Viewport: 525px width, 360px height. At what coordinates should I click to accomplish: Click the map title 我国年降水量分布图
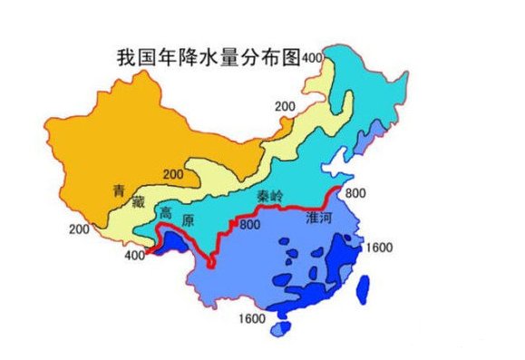pos(208,57)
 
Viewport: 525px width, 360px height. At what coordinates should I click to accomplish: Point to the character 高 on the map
pos(164,213)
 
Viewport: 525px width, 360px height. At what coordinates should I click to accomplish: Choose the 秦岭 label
pos(270,206)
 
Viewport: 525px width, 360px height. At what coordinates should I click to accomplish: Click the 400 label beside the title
pos(313,58)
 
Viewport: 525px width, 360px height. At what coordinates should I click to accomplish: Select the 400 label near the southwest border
pos(135,257)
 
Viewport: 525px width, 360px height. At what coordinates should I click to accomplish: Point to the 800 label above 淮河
pos(355,193)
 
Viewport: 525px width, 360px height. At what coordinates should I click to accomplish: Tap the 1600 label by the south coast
pos(252,318)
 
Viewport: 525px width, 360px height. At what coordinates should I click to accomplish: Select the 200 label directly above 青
pos(173,174)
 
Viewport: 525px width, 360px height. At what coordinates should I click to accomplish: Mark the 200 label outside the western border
pos(79,229)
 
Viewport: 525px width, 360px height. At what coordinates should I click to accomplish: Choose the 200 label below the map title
pos(284,107)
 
